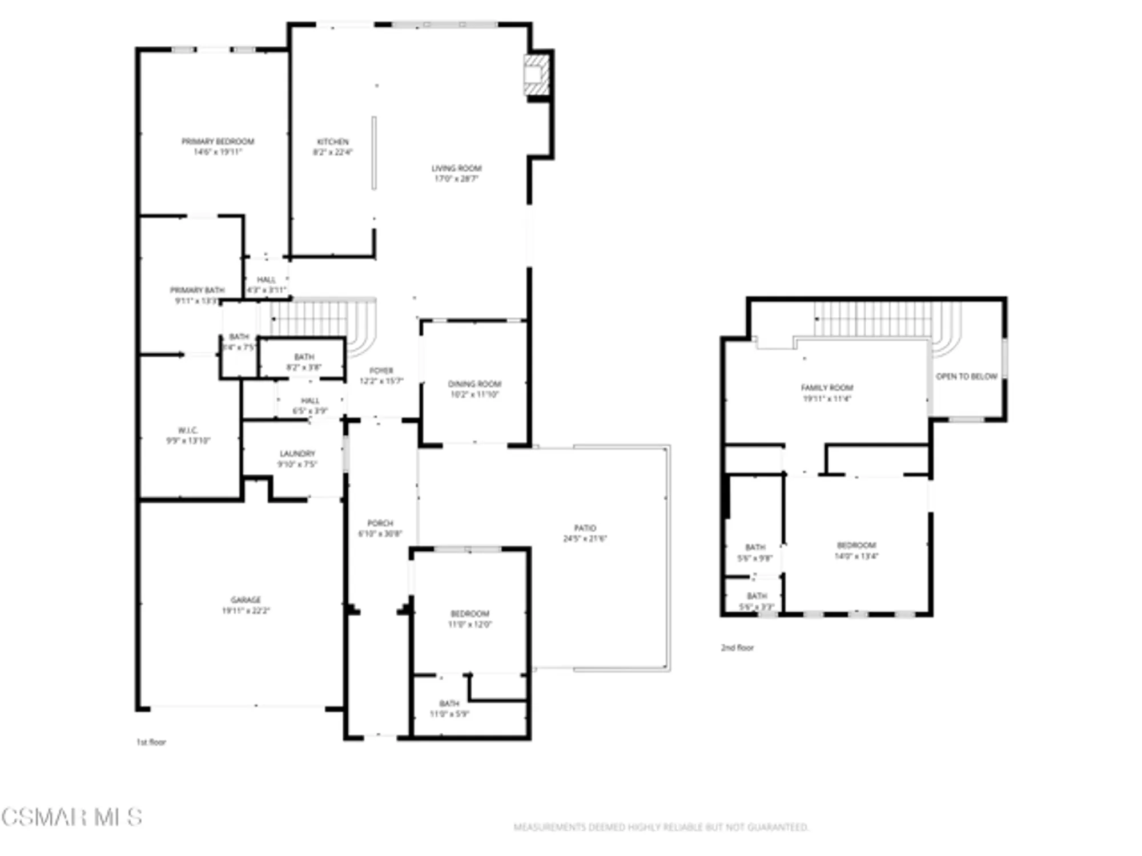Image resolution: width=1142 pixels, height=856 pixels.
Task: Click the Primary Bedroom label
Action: [218, 141]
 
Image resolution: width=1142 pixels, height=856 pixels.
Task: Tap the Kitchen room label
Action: [333, 142]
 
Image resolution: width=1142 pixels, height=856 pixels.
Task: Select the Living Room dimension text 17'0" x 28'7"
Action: [456, 179]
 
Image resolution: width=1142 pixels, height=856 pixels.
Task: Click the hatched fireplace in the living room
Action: [536, 75]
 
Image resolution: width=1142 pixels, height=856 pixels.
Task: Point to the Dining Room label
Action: [475, 384]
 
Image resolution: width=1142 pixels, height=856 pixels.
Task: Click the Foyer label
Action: [381, 370]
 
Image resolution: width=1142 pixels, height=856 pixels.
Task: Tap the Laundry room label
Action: [297, 454]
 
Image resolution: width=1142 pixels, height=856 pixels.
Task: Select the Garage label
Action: [246, 600]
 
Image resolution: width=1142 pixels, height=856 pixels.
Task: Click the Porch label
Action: [380, 523]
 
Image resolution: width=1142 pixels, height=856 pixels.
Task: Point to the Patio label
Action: [585, 528]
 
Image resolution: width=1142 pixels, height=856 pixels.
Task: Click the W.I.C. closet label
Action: [188, 430]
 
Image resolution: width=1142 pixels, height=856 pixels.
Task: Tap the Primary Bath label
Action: [197, 290]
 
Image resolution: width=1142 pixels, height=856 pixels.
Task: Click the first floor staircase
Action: [320, 320]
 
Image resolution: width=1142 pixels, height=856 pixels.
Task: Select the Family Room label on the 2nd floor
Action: [827, 387]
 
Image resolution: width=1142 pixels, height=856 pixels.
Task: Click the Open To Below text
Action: [966, 377]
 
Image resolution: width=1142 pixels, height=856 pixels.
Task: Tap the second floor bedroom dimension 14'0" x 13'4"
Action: [856, 556]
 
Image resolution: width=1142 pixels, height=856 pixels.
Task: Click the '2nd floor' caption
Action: [737, 648]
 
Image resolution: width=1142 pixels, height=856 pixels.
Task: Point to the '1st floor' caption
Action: [151, 742]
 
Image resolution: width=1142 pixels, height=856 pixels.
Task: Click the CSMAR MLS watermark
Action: [71, 817]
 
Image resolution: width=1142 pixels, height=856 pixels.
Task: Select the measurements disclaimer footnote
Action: [661, 827]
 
